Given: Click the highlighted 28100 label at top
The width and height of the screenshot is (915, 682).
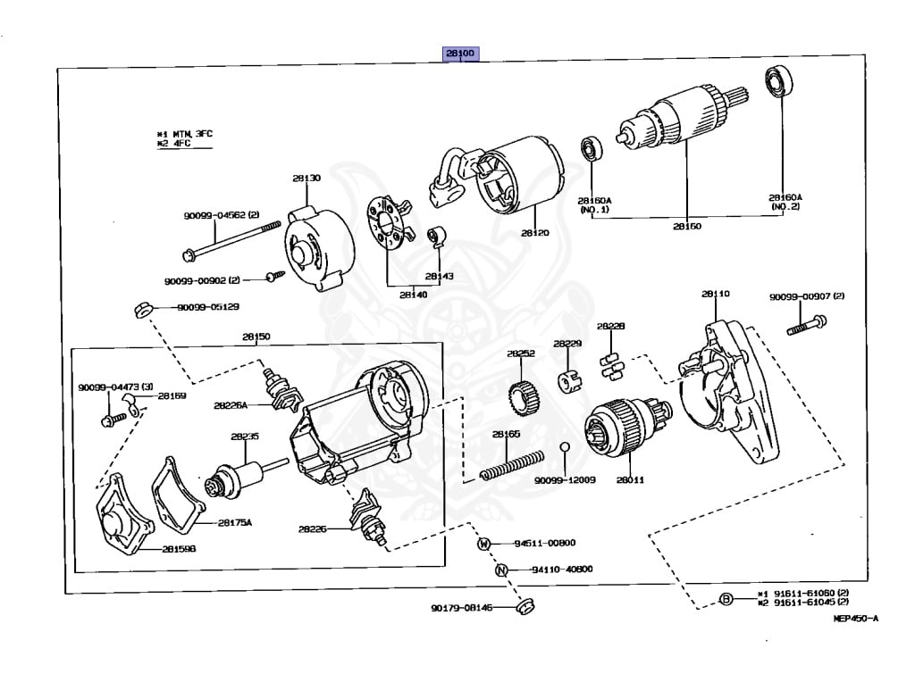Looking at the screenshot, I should pyautogui.click(x=462, y=54).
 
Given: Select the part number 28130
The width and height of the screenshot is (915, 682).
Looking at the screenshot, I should pyautogui.click(x=306, y=179).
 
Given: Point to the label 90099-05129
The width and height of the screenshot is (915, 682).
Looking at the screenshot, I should pyautogui.click(x=207, y=308).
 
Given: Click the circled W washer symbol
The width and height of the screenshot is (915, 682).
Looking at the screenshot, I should pyautogui.click(x=483, y=544).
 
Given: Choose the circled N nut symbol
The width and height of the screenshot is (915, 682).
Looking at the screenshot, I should pyautogui.click(x=501, y=570).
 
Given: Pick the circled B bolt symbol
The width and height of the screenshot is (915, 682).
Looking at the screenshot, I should pyautogui.click(x=726, y=599).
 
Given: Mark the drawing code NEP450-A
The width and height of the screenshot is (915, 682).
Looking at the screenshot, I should pyautogui.click(x=855, y=618).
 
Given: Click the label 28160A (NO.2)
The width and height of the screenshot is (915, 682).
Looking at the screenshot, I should pyautogui.click(x=785, y=203).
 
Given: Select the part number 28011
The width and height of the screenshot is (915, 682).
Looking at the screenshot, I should pyautogui.click(x=629, y=480).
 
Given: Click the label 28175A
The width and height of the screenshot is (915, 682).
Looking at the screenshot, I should pyautogui.click(x=236, y=523).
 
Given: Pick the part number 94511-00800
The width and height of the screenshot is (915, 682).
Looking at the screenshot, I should pyautogui.click(x=544, y=543).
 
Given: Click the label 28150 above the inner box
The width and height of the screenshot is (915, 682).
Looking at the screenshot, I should pyautogui.click(x=256, y=337).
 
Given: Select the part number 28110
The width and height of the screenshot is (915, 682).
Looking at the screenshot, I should pyautogui.click(x=715, y=294).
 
